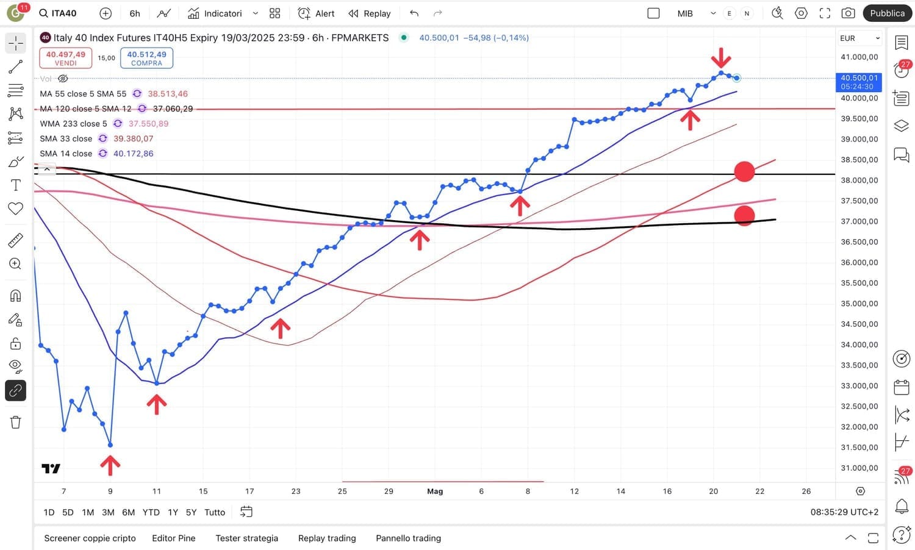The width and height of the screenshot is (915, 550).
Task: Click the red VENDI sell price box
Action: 66,58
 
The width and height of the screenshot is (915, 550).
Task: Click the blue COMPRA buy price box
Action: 146,58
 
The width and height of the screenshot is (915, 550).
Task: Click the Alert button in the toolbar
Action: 316,13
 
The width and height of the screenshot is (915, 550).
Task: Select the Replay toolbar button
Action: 370,13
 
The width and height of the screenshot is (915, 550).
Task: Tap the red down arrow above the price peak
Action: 721,58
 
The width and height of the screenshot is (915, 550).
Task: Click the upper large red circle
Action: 744,172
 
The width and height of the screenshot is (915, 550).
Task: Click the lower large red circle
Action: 744,215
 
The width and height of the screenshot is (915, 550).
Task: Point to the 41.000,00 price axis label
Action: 859,57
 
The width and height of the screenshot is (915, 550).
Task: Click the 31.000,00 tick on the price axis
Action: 859,468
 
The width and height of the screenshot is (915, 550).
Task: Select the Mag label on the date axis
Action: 435,491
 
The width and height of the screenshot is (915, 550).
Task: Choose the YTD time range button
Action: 151,512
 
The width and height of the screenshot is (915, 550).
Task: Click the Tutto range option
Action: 215,512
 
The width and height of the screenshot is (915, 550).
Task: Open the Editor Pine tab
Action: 174,538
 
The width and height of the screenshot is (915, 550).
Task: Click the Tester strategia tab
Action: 246,538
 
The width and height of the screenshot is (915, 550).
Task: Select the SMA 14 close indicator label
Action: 66,154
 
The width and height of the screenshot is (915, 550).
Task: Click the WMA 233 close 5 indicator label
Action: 73,124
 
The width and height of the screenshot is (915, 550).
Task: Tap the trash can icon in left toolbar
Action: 16,422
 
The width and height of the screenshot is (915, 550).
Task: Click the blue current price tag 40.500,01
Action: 859,82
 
